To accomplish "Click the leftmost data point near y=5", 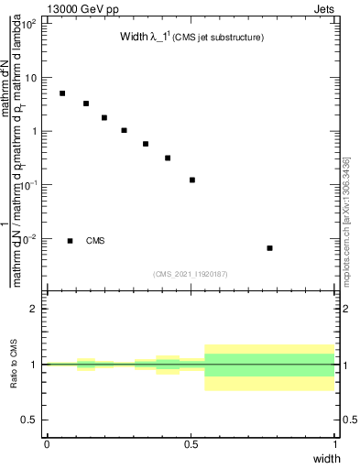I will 62,93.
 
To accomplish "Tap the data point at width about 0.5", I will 192,180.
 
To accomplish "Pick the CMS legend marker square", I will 70,241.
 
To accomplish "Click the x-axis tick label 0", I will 47,443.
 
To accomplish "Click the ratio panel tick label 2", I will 34,309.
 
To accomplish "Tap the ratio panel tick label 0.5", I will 30,420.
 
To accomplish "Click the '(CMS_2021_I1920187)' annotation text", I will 190,273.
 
